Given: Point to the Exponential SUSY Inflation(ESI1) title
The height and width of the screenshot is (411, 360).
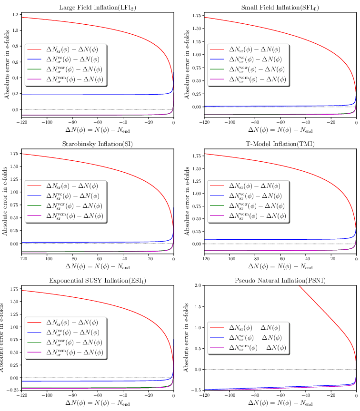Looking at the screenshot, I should (98, 281).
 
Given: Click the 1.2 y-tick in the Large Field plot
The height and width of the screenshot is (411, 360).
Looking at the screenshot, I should (16, 15).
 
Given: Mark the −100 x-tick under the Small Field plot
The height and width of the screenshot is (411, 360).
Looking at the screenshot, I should (229, 122).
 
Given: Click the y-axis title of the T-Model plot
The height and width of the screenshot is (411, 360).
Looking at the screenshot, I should (187, 200).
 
